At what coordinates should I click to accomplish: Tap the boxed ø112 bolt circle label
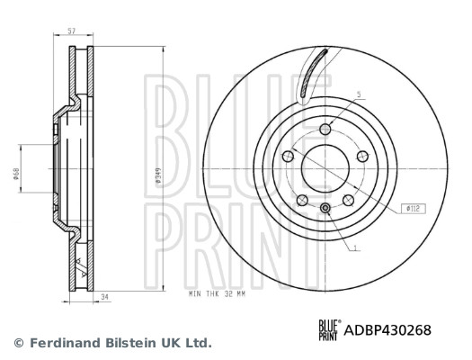pos(413,208)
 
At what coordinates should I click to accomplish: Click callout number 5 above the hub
pos(357,94)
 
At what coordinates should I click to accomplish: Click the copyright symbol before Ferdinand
pos(18,343)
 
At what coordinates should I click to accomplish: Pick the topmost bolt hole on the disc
pos(325,130)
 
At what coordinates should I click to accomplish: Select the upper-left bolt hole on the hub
pos(289,157)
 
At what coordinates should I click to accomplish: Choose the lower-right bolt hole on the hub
pos(348,200)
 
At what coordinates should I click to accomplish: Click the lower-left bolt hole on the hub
pos(303,200)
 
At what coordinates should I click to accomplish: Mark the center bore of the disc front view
pos(325,168)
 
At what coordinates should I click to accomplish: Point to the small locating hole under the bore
pos(325,210)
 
